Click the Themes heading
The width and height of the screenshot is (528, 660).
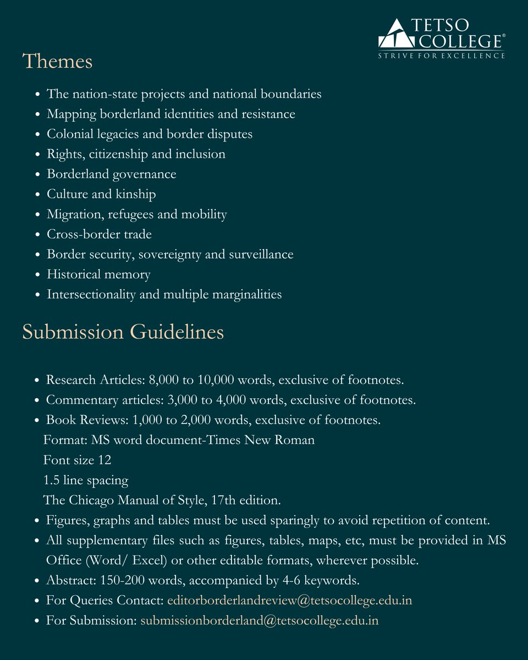click(57, 61)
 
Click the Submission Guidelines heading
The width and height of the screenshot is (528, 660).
click(123, 332)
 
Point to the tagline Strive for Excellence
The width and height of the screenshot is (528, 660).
click(442, 56)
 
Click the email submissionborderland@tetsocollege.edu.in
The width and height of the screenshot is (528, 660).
click(260, 621)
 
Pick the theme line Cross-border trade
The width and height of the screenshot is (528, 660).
click(99, 234)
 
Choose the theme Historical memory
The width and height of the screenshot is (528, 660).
click(98, 274)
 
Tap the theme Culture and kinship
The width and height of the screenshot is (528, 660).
click(101, 194)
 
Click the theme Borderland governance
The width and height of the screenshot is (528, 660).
click(111, 174)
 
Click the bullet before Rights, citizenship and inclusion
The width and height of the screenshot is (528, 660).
click(37, 155)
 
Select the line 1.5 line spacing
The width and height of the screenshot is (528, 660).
click(86, 480)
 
